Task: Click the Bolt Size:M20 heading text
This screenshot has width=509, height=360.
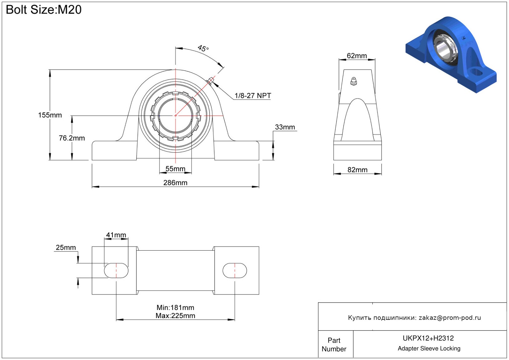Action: pyautogui.click(x=44, y=10)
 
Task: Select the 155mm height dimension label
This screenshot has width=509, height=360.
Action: pyautogui.click(x=50, y=115)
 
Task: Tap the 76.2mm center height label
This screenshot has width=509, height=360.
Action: pyautogui.click(x=72, y=138)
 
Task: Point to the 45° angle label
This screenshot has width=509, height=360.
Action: pyautogui.click(x=203, y=49)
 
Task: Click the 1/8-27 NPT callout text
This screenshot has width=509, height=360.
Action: pyautogui.click(x=252, y=96)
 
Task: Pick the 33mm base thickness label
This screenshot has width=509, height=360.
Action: pyautogui.click(x=285, y=127)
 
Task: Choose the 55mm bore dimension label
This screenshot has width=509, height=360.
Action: pyautogui.click(x=175, y=169)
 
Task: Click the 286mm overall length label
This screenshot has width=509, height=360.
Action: pyautogui.click(x=175, y=183)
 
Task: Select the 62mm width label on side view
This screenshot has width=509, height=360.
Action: pyautogui.click(x=357, y=56)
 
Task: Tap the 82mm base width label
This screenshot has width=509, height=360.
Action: pyautogui.click(x=357, y=170)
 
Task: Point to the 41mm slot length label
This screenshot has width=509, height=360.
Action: pyautogui.click(x=116, y=235)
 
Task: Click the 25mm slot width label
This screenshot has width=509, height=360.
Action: pyautogui.click(x=66, y=248)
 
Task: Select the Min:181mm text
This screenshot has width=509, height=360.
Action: pyautogui.click(x=175, y=307)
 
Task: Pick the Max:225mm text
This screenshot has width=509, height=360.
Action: pyautogui.click(x=175, y=316)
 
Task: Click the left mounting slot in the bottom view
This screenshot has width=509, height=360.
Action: pyautogui.click(x=116, y=271)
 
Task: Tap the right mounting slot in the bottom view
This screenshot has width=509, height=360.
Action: pyautogui.click(x=235, y=271)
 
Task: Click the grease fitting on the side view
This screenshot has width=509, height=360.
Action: pyautogui.click(x=354, y=81)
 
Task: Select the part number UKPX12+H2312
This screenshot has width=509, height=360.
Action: pyautogui.click(x=428, y=338)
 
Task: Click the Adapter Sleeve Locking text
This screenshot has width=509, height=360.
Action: pyautogui.click(x=429, y=349)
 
